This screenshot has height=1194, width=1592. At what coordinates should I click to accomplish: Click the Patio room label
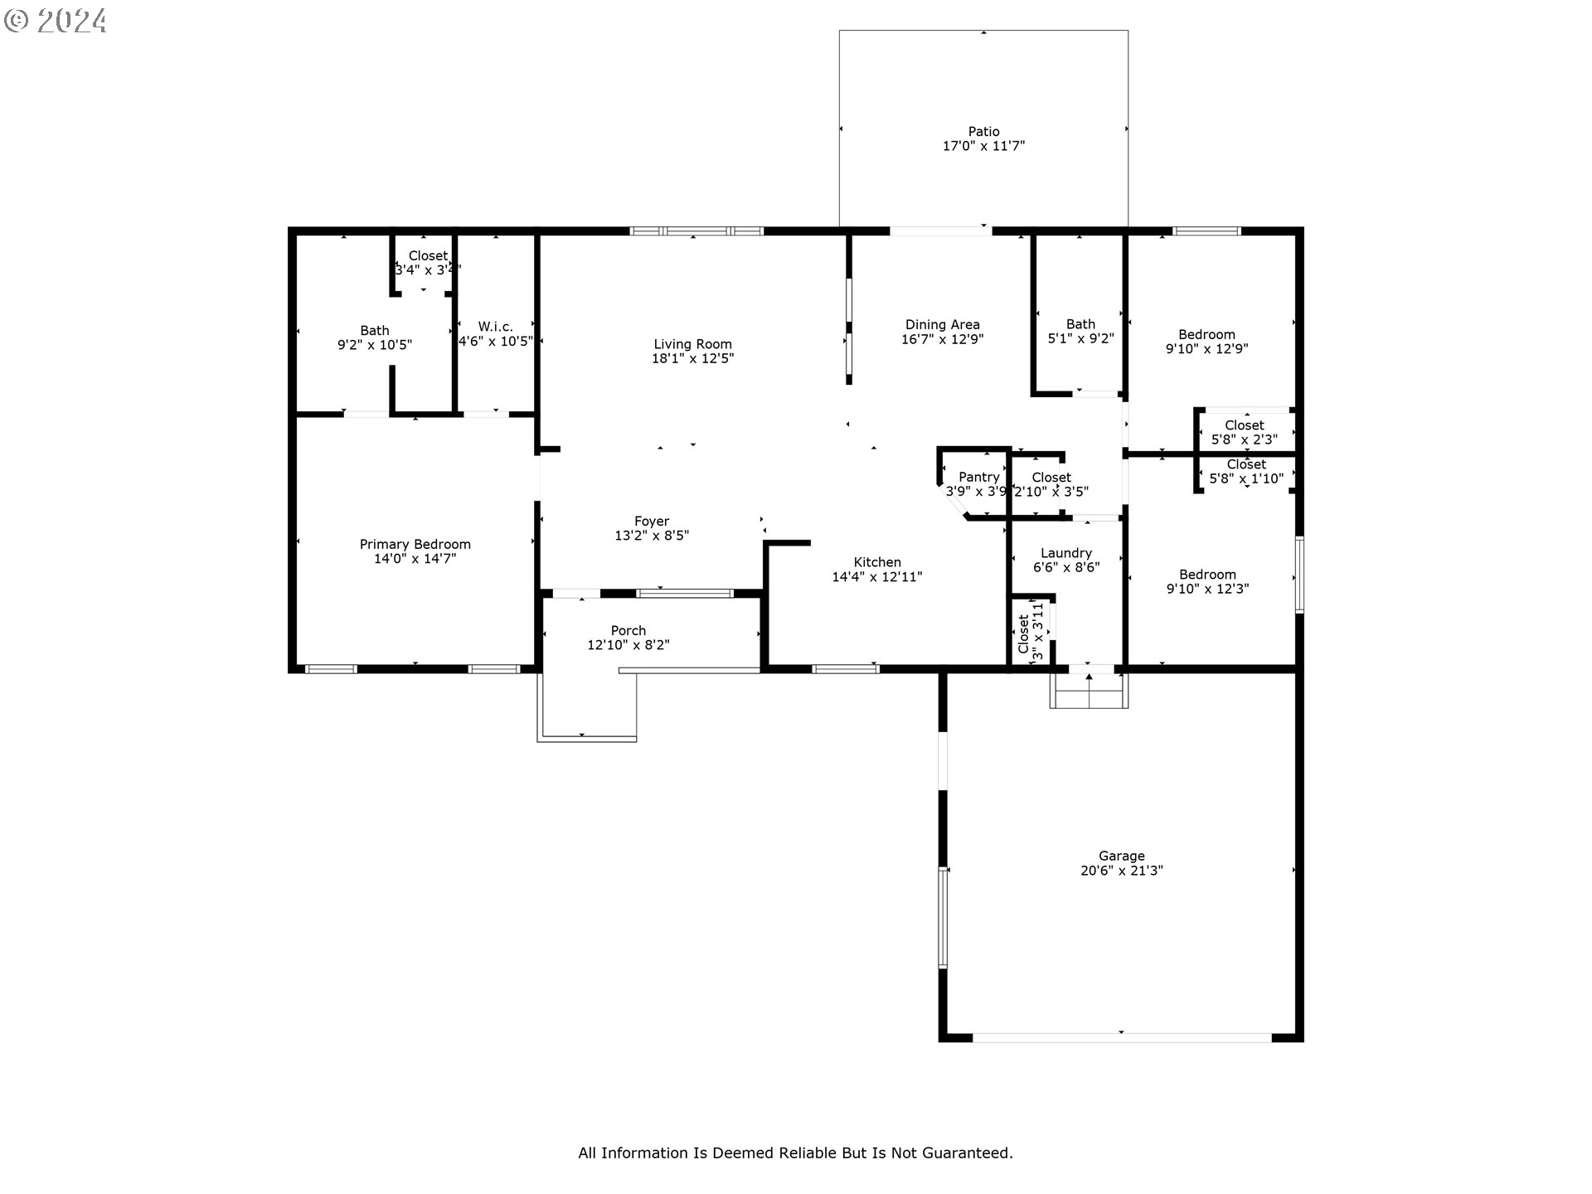coord(983,131)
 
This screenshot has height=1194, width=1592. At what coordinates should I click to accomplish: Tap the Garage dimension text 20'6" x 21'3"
coord(1121,871)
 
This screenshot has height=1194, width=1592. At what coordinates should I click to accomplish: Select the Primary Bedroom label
coord(415,544)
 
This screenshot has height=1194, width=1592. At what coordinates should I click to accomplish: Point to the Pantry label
coord(978,477)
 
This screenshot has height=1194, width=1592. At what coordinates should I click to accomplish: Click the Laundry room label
coord(1065,553)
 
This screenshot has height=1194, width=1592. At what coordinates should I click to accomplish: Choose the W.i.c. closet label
coord(495,327)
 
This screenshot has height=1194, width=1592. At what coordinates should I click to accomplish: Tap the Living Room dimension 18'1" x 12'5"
coord(692,359)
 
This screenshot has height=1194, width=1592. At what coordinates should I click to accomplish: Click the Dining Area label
coord(942,325)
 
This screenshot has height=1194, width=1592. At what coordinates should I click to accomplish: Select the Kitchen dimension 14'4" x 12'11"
coord(876,577)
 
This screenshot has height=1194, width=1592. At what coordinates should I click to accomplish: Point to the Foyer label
coord(651,522)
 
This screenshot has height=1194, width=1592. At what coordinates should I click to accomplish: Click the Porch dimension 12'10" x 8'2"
coord(628,645)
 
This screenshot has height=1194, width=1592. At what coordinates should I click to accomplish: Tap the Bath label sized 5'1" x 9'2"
coord(1080,324)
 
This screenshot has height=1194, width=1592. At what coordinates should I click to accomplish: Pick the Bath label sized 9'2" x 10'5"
coord(374,330)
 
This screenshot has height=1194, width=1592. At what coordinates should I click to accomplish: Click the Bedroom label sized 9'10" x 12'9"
coord(1206,335)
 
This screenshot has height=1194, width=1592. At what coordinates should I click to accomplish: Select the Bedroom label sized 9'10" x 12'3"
coord(1207,575)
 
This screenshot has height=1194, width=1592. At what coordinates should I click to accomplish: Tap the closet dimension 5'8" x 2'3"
coord(1244,439)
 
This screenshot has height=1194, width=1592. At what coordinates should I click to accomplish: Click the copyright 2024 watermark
coord(56,20)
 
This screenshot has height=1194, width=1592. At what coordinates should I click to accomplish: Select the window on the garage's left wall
coord(943,917)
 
